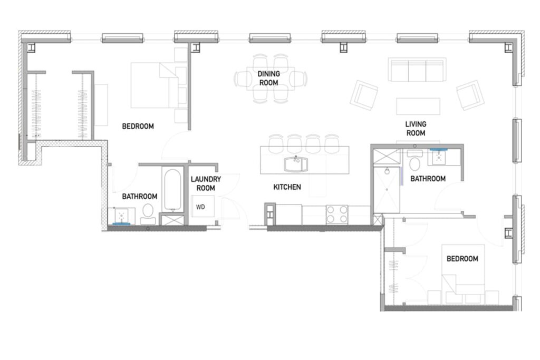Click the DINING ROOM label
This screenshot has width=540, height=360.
[x=268, y=78]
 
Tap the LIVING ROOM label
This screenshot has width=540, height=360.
[x=416, y=129]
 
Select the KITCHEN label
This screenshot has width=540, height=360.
[x=287, y=187]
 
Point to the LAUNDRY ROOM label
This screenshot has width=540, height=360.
[x=206, y=183]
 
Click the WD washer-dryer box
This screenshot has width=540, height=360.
[x=203, y=207]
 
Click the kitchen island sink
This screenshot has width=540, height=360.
[x=295, y=164]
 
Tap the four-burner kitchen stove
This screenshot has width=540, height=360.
[x=337, y=214]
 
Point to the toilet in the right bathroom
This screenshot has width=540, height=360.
[x=414, y=161]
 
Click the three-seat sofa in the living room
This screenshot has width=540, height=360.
[x=418, y=70]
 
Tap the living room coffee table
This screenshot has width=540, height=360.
[x=418, y=106]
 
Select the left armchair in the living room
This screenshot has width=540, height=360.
[x=364, y=95]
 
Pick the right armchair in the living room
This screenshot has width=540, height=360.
[x=470, y=95]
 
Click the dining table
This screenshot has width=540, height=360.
[x=271, y=79]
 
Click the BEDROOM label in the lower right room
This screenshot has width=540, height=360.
[x=462, y=258]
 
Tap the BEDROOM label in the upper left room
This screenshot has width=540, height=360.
[x=138, y=127]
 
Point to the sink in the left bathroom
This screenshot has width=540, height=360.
[x=121, y=216]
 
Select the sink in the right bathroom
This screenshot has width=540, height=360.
[x=439, y=157]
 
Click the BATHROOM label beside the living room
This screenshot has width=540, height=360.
[x=428, y=179]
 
